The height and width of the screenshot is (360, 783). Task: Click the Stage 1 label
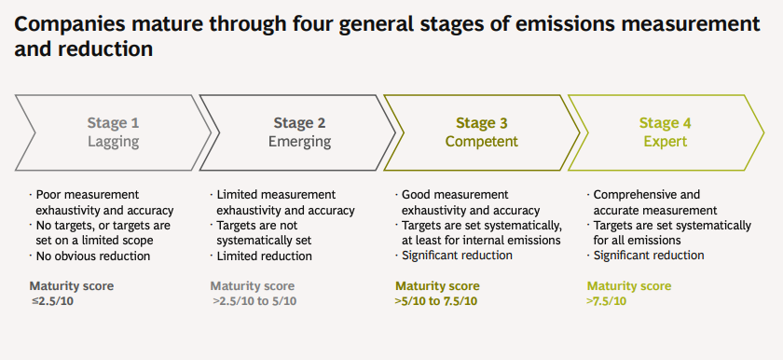tap(113, 123)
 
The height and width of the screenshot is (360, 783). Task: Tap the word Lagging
tap(113, 142)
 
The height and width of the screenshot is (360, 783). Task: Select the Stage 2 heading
tap(299, 123)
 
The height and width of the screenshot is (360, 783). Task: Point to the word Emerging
tap(299, 142)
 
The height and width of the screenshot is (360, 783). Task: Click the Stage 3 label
tap(481, 123)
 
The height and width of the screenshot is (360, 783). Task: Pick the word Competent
tap(481, 142)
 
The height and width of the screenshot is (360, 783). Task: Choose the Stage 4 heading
tap(666, 123)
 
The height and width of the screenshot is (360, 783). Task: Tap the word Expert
tap(666, 142)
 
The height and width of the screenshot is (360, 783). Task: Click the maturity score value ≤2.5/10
tap(52, 301)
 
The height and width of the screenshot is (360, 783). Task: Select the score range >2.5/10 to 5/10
tap(254, 301)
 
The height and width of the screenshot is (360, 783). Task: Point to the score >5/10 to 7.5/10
tap(436, 301)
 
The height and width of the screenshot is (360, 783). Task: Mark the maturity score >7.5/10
tap(606, 301)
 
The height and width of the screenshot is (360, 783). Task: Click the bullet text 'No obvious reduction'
tap(93, 256)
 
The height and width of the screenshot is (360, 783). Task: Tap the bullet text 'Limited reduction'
tap(264, 256)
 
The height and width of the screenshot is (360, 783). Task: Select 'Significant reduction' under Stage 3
tap(457, 256)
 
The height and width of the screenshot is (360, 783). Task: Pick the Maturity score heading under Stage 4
tap(629, 286)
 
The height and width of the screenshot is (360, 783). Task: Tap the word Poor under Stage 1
tap(48, 195)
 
